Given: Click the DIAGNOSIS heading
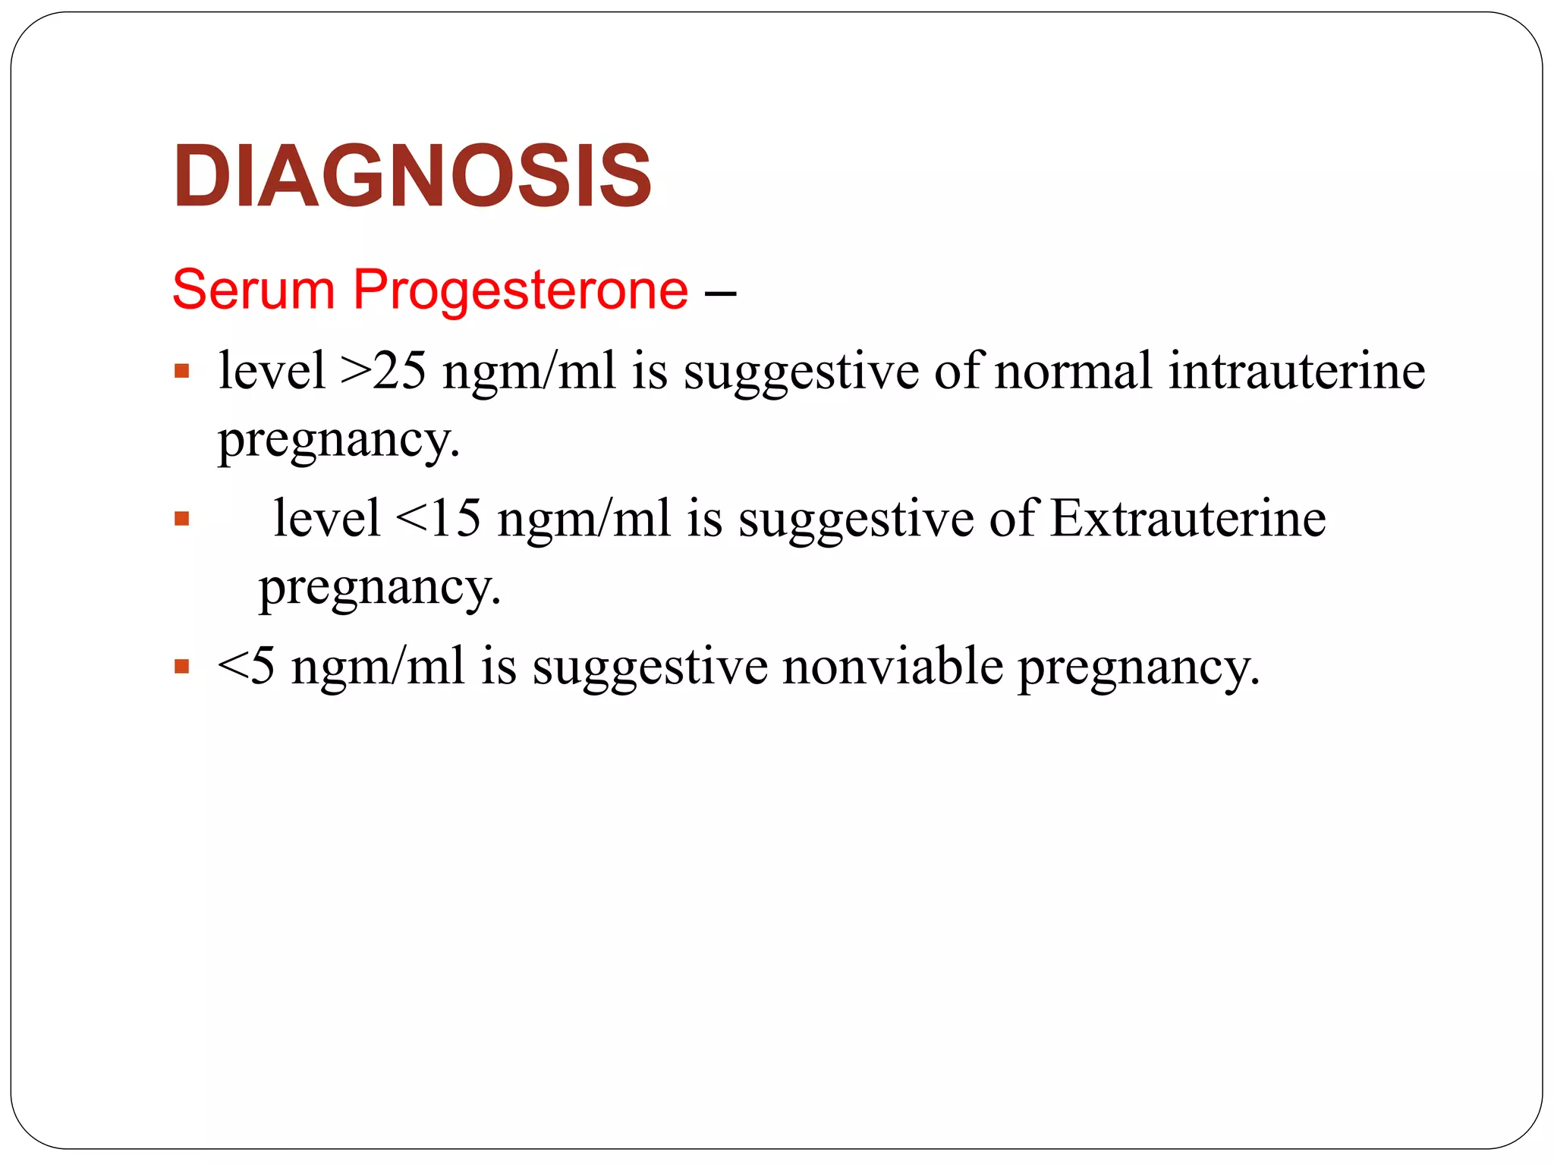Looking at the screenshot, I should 412,176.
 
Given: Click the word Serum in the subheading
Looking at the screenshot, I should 253,290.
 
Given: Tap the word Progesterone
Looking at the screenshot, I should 521,290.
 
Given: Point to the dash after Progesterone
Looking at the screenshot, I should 720,293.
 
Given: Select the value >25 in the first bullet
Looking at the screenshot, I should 383,372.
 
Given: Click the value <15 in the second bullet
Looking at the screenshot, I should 439,520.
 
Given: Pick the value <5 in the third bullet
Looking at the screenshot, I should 246,667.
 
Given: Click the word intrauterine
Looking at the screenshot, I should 1296,372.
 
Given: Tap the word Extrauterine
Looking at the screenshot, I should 1188,520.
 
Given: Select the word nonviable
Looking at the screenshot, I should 892,667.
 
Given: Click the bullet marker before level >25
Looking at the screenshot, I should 181,372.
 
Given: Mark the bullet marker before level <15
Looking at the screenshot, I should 181,520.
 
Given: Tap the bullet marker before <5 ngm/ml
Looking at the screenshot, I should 181,667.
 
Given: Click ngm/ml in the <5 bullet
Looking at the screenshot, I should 377,667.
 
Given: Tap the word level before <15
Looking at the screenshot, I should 327,520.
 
